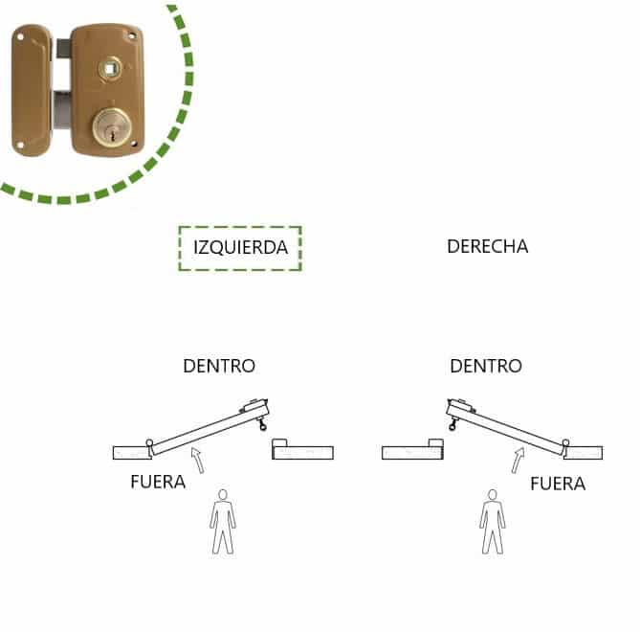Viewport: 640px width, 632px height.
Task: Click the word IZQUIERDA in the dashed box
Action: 240,247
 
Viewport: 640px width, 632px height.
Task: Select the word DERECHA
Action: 487,246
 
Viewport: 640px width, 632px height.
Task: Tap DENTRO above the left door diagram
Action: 219,366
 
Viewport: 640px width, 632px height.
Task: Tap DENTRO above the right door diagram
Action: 486,366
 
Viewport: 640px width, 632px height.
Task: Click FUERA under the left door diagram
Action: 158,482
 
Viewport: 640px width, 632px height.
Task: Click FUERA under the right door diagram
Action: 558,484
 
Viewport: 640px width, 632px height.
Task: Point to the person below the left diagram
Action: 223,521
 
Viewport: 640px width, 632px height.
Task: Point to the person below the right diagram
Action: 492,521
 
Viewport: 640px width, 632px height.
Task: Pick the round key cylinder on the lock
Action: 113,128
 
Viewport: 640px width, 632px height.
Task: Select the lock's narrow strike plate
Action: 31,90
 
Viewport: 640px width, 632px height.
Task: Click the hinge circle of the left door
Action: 149,442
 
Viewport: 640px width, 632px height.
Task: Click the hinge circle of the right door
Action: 565,442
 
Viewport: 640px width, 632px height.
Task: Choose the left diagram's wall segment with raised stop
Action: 302,450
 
